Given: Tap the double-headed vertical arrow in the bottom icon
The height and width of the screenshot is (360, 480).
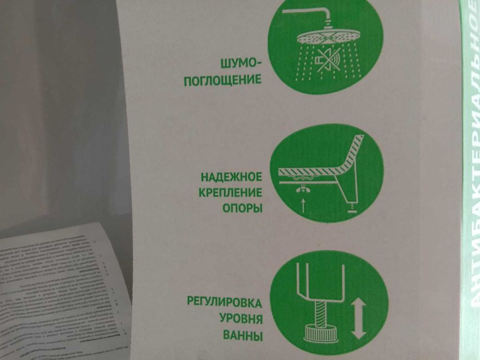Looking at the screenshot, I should pos(359,318).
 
